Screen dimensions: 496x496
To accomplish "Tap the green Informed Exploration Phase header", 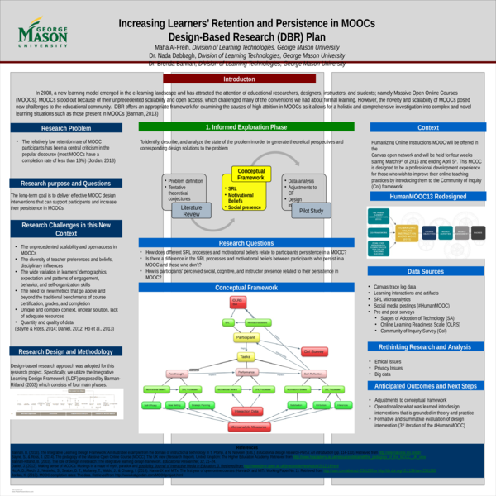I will (246, 127).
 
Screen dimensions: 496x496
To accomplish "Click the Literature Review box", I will (191, 211).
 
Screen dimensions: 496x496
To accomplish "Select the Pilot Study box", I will (307, 212).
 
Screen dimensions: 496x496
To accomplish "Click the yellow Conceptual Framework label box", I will (250, 174).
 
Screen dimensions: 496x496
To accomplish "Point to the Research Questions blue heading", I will (246, 242).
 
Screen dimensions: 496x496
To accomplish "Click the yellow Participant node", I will (246, 338).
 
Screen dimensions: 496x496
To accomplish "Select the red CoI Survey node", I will (313, 351).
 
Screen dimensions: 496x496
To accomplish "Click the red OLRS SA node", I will (236, 303).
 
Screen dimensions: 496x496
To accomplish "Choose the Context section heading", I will (428, 128).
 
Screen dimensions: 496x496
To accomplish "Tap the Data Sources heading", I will (428, 270).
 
